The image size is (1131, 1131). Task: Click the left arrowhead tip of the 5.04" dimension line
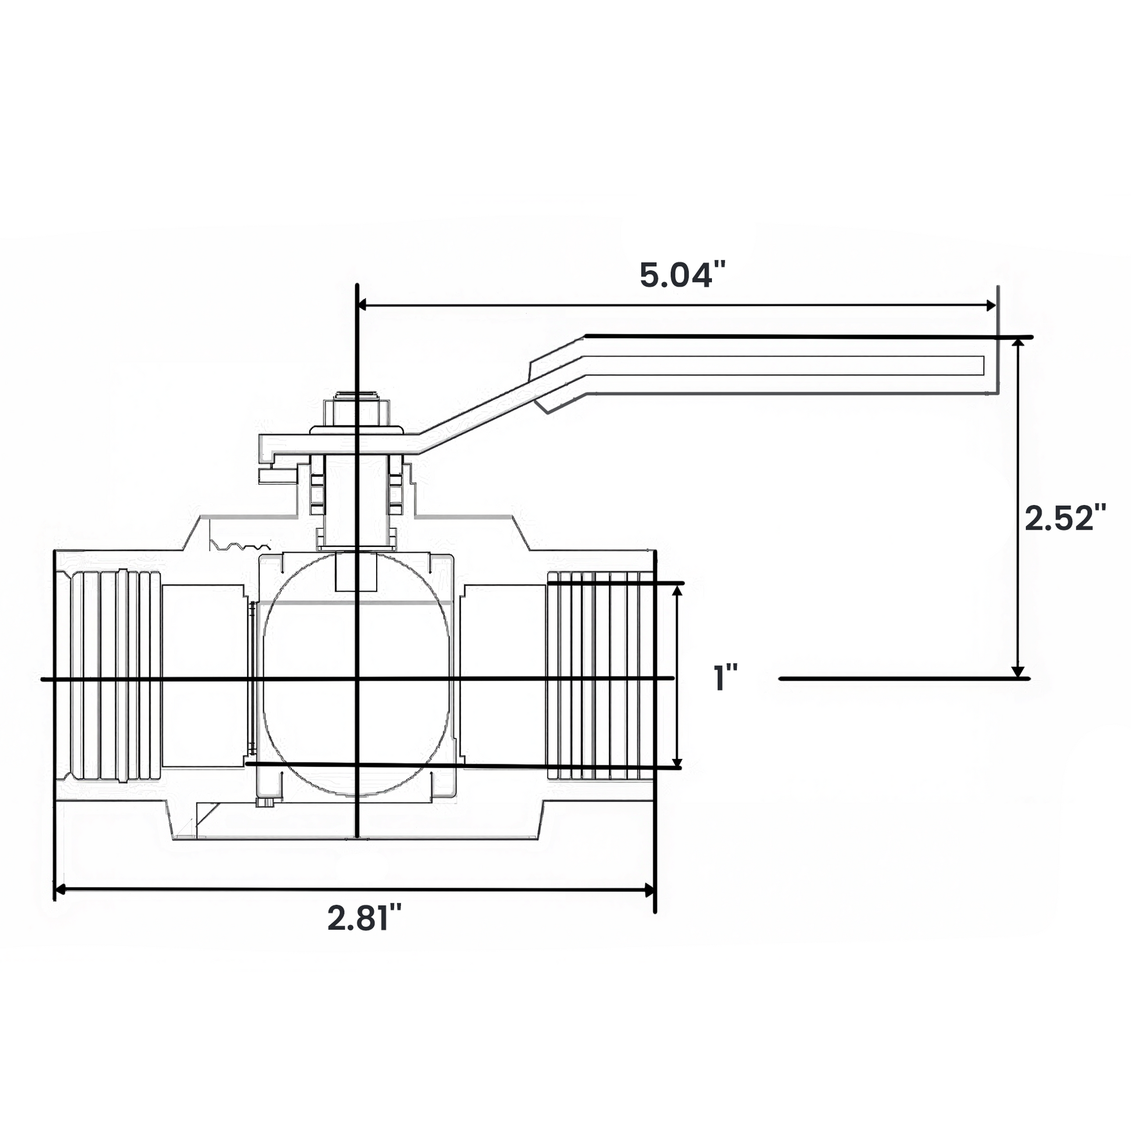(x=358, y=305)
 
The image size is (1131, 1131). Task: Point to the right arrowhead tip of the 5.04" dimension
(x=996, y=305)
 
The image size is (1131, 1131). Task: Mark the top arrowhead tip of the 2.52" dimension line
(x=1019, y=339)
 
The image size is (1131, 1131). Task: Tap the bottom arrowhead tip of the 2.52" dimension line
(x=1019, y=677)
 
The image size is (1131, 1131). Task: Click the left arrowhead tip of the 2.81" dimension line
(x=55, y=890)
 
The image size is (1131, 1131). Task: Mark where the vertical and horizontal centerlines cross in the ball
(x=356, y=678)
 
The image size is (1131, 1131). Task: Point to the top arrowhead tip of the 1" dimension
(x=677, y=585)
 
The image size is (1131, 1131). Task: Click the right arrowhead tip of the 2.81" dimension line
(x=654, y=890)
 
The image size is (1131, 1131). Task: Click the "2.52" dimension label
(x=1065, y=518)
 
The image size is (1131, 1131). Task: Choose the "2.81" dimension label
(x=365, y=917)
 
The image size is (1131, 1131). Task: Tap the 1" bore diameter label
(x=726, y=677)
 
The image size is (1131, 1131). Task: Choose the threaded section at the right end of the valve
(x=600, y=676)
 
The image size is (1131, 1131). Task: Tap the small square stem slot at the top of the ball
(x=356, y=572)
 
